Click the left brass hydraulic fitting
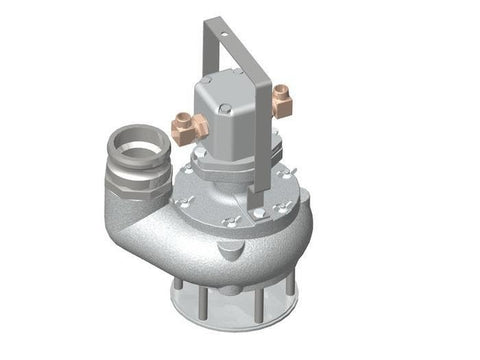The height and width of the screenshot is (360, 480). click(x=190, y=125)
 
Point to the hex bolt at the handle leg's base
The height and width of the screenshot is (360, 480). click(x=259, y=211)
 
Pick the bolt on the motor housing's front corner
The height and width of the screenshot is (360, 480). click(x=227, y=109)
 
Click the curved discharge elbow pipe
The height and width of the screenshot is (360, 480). click(x=150, y=225)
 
